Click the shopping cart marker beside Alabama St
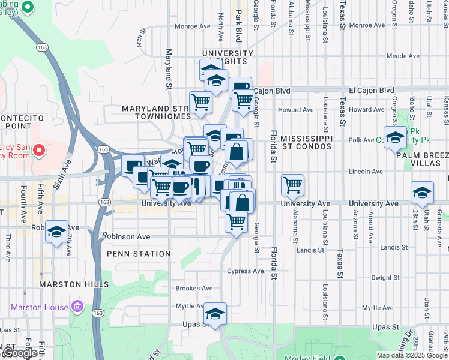292,184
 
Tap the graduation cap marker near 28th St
422,193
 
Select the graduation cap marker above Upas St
215,313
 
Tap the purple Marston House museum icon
77,308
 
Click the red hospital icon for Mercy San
40,149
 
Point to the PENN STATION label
139,254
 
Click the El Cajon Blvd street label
272,91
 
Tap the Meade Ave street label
403,56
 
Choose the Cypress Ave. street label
246,271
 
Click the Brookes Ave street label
194,289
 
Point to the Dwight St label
385,278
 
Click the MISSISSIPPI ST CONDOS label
306,142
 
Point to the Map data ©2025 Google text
411,355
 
